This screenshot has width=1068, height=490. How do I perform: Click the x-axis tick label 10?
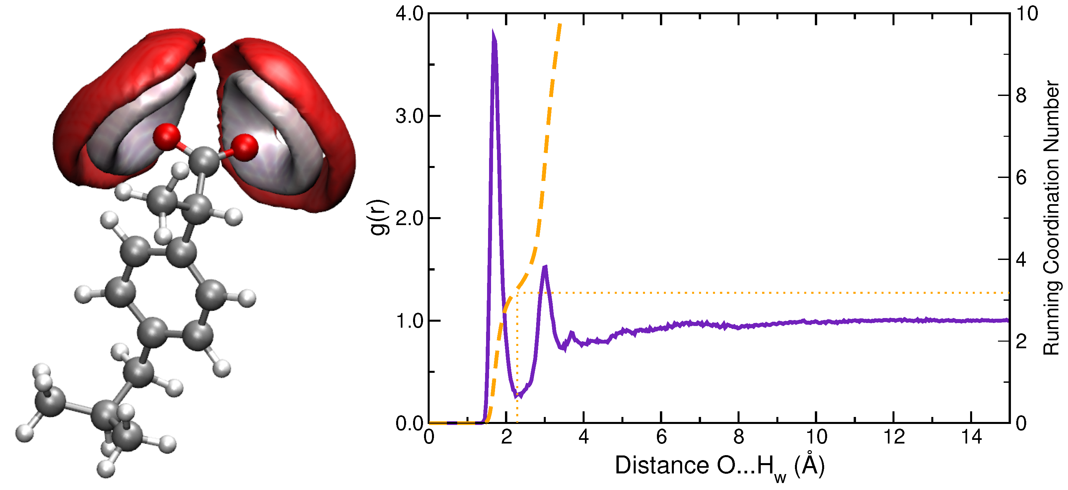click(816, 437)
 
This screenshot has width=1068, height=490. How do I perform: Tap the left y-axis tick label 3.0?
click(409, 116)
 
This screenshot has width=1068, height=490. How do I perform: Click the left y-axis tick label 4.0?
click(409, 14)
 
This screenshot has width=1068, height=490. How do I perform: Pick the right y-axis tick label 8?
click(1021, 95)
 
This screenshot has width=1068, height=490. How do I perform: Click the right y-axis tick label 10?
click(1027, 14)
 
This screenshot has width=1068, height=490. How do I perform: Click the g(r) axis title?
click(379, 218)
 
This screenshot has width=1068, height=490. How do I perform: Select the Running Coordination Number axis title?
click(1051, 218)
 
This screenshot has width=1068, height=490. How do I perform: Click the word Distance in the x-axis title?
click(661, 465)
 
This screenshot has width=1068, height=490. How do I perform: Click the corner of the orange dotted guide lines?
click(518, 293)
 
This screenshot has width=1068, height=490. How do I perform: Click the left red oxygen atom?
click(167, 136)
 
